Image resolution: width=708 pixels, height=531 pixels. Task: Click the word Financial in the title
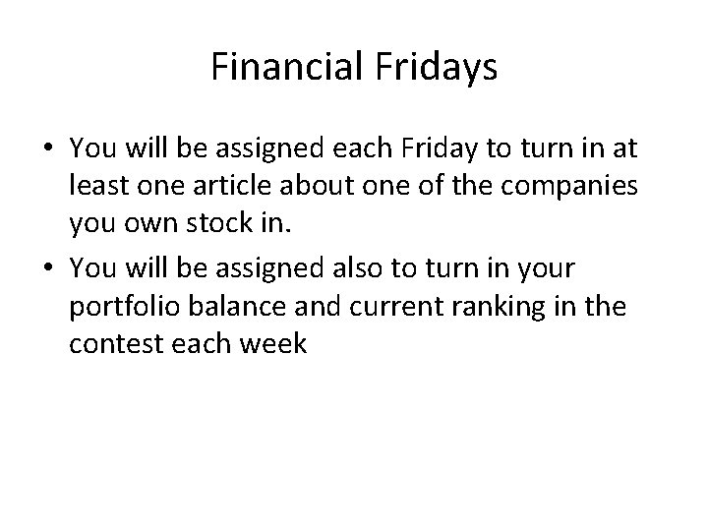click(285, 68)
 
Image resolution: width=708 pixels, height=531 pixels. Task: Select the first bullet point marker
click(49, 148)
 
